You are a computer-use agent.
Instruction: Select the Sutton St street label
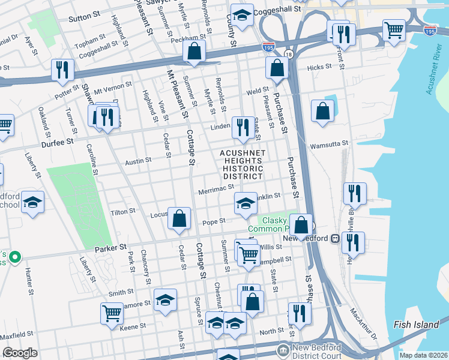coord(83,19)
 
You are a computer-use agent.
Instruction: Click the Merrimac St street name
coord(215,190)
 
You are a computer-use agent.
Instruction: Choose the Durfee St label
coord(57,142)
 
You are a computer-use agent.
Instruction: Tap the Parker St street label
coord(110,247)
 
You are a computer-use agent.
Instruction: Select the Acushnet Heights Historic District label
coord(243,165)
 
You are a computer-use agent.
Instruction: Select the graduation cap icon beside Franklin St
coord(245,205)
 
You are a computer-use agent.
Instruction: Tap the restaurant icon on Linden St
coord(243,127)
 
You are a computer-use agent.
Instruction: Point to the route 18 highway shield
coord(289,55)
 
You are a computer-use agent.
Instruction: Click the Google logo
coord(20,353)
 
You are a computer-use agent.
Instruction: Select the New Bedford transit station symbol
coord(336,238)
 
